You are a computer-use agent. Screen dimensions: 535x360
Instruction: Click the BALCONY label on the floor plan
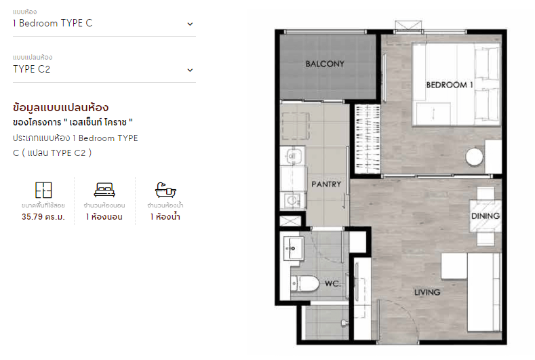pos(325,64)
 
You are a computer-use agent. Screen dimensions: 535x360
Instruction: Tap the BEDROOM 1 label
pos(450,85)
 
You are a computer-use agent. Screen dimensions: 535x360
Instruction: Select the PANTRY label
pos(326,184)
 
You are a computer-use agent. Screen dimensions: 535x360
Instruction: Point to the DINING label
pos(486,216)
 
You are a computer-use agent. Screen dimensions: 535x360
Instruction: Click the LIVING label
pos(427,292)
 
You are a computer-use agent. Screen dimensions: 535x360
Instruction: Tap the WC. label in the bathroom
pos(332,283)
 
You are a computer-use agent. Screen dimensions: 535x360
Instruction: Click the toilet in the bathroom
pos(304,283)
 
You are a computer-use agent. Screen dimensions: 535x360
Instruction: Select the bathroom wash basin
pos(293,248)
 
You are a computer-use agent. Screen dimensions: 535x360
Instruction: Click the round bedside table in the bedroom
pos(474,157)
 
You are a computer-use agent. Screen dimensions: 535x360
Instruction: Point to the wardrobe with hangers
pos(368,139)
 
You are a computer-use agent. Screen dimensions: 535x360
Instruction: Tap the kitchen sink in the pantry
pos(292,157)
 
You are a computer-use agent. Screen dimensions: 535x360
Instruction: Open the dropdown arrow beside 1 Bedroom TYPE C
pos(190,24)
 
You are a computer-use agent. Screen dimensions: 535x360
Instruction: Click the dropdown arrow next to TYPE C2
pos(190,70)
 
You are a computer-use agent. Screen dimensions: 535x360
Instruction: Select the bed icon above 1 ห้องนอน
pos(104,190)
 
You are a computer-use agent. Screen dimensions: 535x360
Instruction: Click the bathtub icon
pos(165,190)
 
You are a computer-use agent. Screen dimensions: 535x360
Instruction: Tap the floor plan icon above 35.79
pos(43,190)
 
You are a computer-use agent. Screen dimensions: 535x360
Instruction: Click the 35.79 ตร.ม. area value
pos(43,217)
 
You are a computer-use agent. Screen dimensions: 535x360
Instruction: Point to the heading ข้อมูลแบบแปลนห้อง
pos(61,108)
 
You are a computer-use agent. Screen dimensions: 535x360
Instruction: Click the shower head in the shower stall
pos(344,323)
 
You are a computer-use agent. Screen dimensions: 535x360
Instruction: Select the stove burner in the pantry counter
pos(292,200)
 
